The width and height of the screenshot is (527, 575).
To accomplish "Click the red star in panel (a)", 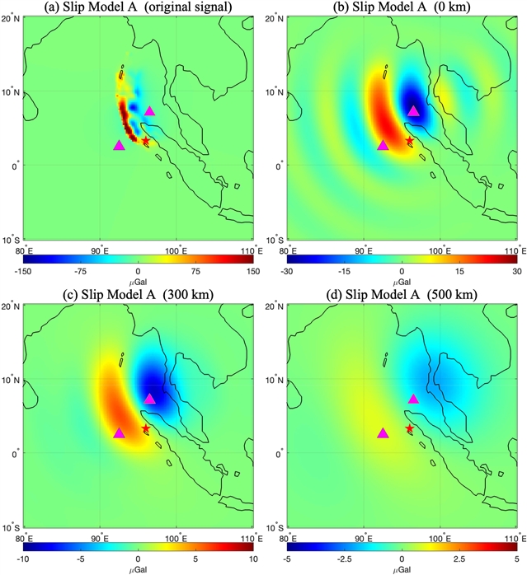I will coord(146,141).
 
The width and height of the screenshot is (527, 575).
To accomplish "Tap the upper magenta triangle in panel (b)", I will coord(413,110).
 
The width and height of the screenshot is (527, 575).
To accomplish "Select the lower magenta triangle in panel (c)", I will coord(120,432).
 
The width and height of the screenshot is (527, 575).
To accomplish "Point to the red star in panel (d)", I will coord(409,428).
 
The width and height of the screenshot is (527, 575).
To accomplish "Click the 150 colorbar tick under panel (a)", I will coord(252,271).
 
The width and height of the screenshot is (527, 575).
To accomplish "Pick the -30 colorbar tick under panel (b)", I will coord(287,271).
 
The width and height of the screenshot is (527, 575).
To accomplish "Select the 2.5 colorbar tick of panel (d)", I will coord(460,559).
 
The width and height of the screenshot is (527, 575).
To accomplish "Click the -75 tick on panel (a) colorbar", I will coord(81,271).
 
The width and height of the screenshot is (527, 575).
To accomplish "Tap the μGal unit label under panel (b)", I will coord(402,281).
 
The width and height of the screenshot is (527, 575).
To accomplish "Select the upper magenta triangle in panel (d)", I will coord(413,399).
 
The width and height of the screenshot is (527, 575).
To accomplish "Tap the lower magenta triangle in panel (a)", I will coord(120,145).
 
